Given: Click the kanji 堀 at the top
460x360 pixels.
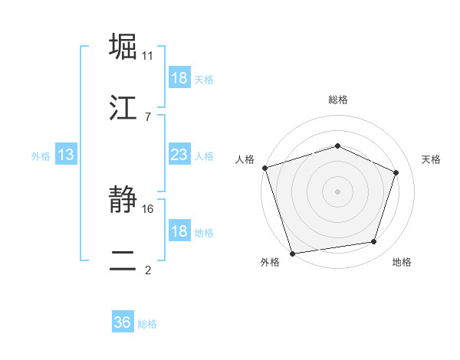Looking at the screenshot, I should [123, 47].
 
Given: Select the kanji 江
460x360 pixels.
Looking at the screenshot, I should [123, 108].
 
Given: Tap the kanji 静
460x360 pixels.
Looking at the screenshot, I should [123, 201].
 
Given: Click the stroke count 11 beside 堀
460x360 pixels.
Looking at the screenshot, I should [148, 56].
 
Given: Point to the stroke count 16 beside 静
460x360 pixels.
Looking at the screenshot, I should [149, 208].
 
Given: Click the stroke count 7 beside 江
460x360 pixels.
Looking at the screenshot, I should [147, 116].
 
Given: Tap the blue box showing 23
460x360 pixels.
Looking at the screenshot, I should [179, 155].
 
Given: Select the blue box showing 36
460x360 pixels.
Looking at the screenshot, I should [123, 322].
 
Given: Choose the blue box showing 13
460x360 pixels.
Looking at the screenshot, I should [66, 155].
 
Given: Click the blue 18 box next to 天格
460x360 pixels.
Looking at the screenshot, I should [179, 78].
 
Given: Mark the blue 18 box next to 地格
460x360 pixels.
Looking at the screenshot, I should [179, 231].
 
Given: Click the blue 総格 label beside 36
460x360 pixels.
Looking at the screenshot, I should [147, 324].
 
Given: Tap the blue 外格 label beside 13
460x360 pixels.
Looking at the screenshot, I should [41, 155].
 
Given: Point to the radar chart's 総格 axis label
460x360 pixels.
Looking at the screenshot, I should [338, 100].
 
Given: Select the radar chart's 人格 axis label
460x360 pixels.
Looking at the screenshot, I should [245, 159].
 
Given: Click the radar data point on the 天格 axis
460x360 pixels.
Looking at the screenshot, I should [396, 172].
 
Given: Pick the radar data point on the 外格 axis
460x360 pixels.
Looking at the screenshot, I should [292, 253].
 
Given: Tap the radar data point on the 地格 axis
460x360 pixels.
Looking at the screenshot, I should [374, 242].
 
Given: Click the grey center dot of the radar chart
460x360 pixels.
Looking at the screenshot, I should [337, 191].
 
